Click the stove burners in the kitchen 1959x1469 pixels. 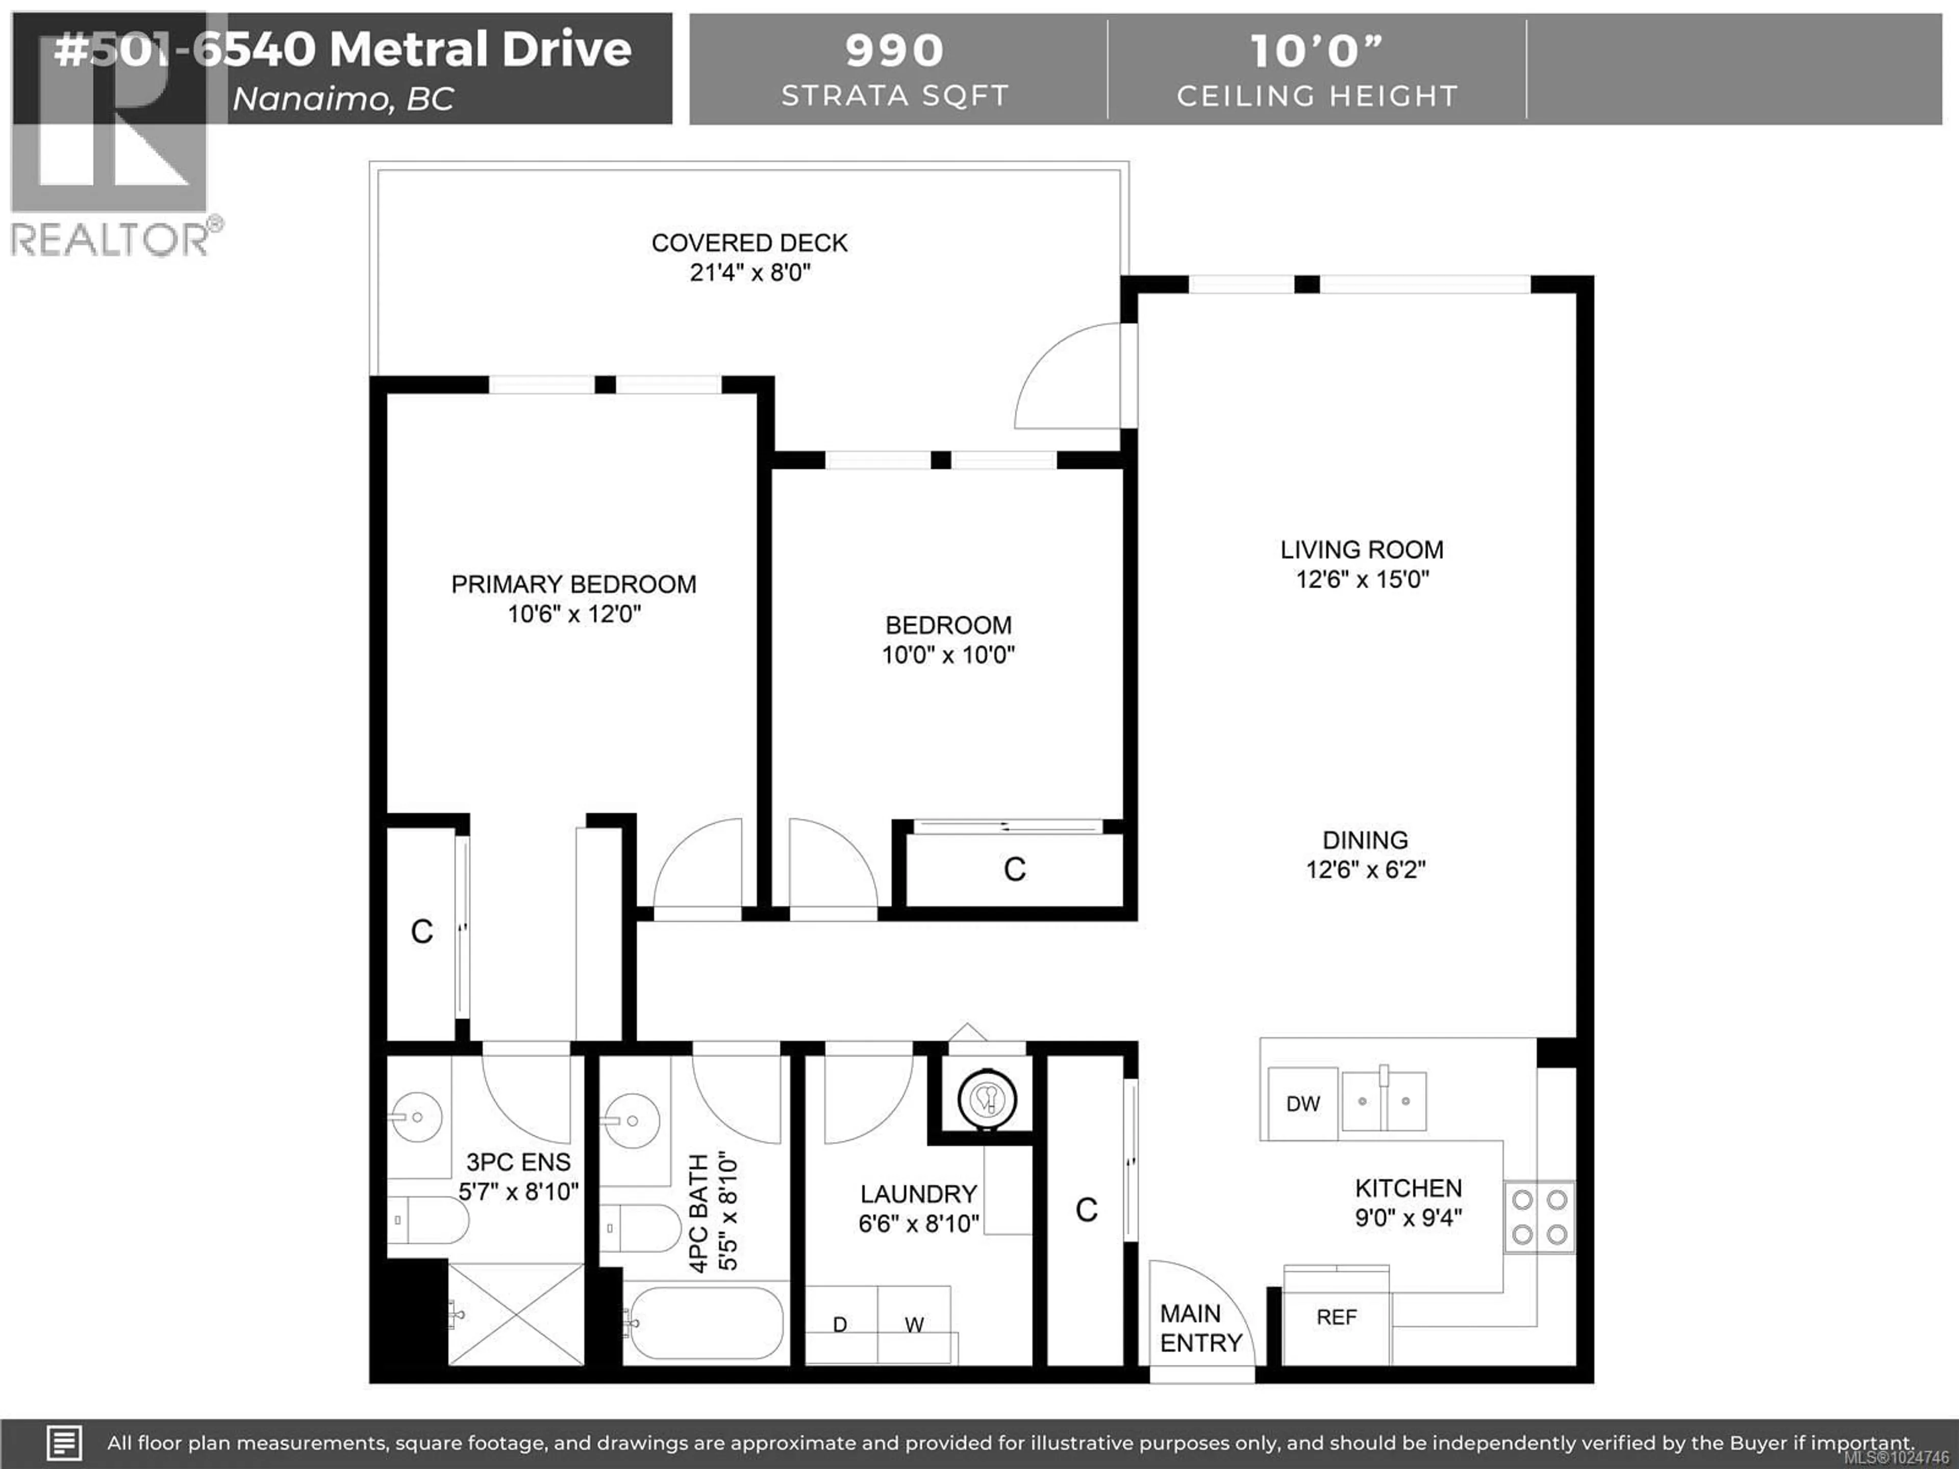(x=1539, y=1217)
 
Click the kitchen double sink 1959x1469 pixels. (x=1384, y=1101)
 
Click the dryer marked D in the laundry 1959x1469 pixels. (x=840, y=1324)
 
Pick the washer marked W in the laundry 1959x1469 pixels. (x=914, y=1324)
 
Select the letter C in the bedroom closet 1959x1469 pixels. (x=1015, y=870)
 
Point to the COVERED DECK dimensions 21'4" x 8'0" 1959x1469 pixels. (x=749, y=273)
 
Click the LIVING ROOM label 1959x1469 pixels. (x=1361, y=550)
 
